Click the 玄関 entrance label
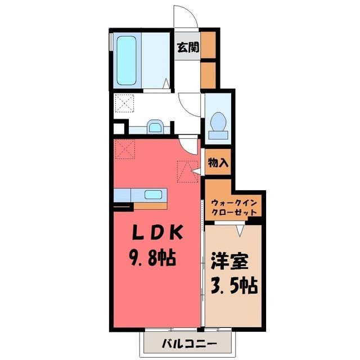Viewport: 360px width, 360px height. [x=188, y=47]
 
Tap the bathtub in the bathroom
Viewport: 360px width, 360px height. [x=126, y=60]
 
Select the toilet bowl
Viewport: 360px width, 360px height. [x=218, y=121]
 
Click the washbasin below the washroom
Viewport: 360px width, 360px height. [x=155, y=127]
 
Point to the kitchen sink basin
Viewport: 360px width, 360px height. [x=153, y=195]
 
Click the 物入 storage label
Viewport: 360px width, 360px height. [x=218, y=163]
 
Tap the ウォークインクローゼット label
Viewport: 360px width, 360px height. [x=234, y=208]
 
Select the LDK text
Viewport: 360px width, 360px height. [x=157, y=232]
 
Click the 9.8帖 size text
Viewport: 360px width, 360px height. [x=152, y=258]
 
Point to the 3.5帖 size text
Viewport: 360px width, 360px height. [x=234, y=286]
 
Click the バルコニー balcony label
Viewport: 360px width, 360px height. [x=189, y=344]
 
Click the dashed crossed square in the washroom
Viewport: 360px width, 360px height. [x=124, y=103]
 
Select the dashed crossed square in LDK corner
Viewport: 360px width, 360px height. [x=125, y=149]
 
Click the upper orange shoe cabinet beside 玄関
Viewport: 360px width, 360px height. [x=208, y=45]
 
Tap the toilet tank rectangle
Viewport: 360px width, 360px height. [x=218, y=135]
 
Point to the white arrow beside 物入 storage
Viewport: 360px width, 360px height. [x=196, y=171]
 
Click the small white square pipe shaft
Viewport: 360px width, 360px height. [x=119, y=129]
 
